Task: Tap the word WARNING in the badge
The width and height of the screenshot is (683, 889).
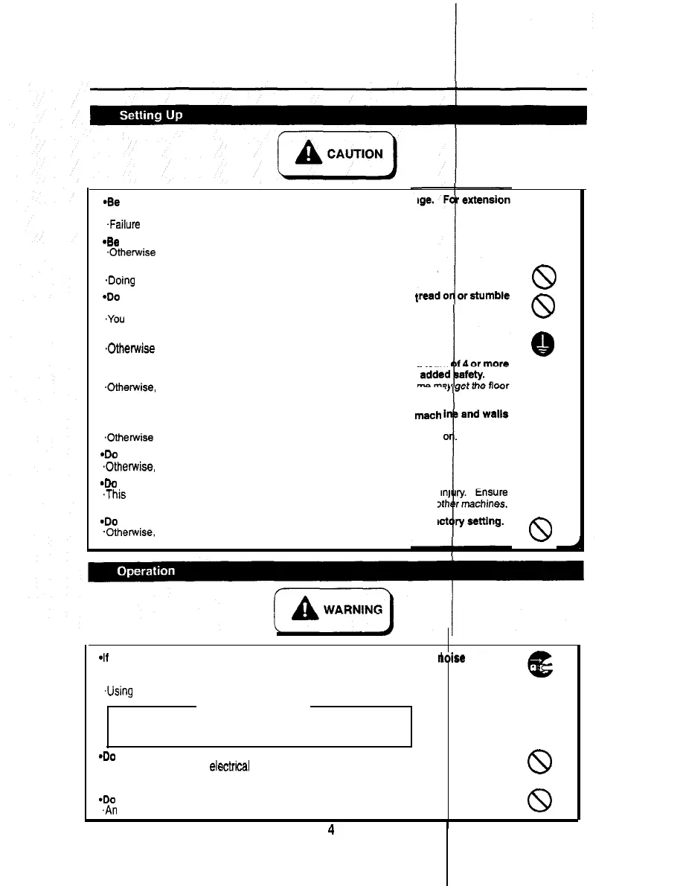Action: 353,610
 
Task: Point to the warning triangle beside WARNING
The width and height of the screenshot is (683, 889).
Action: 305,610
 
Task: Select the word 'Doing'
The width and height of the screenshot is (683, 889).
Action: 123,281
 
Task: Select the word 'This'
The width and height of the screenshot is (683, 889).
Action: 116,494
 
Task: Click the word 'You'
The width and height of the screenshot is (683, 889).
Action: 116,319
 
